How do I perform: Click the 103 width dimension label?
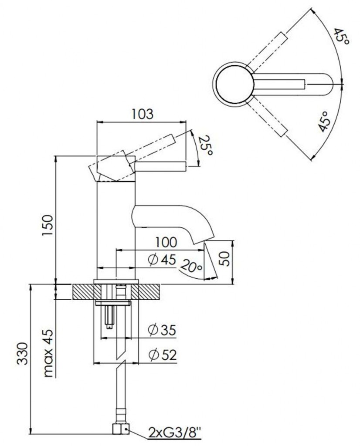coord(142,114)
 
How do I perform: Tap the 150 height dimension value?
coord(48,225)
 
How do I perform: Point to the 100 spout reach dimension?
coord(166,242)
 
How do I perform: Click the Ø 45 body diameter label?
coord(162,259)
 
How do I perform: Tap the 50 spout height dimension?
coord(225,259)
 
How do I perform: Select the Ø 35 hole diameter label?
coord(162,330)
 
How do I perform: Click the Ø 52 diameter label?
coord(162,355)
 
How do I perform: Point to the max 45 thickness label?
coord(49,353)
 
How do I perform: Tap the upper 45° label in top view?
coord(341,36)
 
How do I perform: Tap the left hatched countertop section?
coord(84,291)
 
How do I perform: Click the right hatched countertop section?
coord(149,291)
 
